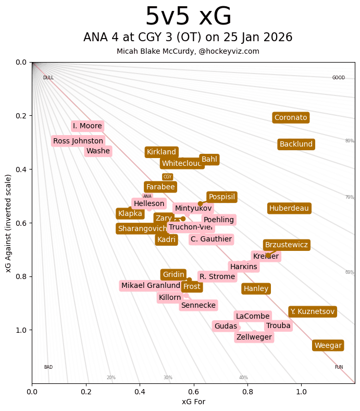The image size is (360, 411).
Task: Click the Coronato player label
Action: coord(291,118)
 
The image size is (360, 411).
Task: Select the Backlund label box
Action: coord(296,144)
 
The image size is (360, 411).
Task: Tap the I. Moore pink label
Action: coord(88,126)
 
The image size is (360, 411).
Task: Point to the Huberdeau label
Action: coord(289,209)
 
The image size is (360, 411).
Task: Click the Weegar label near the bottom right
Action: coord(328,346)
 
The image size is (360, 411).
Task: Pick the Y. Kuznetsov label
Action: coord(313,312)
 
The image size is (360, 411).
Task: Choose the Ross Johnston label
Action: coord(78,141)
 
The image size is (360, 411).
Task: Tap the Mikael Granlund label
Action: coord(151,286)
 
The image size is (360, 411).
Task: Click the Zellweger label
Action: coord(254,337)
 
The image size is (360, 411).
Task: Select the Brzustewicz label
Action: coord(287,245)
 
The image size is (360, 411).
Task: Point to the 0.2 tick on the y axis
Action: coord(21,116)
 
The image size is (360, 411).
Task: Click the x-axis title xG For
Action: coord(193,402)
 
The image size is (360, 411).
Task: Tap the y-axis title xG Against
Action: coord(8,223)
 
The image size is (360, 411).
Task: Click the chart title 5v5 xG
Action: coord(188,17)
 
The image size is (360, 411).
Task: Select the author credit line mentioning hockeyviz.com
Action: coord(188,52)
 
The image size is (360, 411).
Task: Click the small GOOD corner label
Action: coord(339,78)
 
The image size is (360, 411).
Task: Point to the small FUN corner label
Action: coord(339,367)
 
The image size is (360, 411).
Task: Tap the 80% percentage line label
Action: coord(349,141)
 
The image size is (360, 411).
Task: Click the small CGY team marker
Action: coord(167,177)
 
